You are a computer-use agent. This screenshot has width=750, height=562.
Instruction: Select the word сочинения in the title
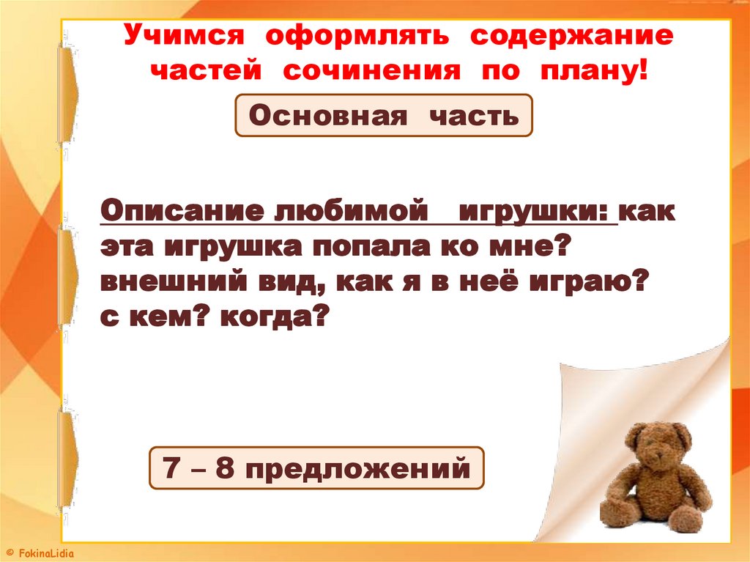click(372, 72)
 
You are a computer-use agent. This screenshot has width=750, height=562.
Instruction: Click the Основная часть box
click(384, 115)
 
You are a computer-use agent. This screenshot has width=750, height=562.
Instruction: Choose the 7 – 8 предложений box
click(316, 467)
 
